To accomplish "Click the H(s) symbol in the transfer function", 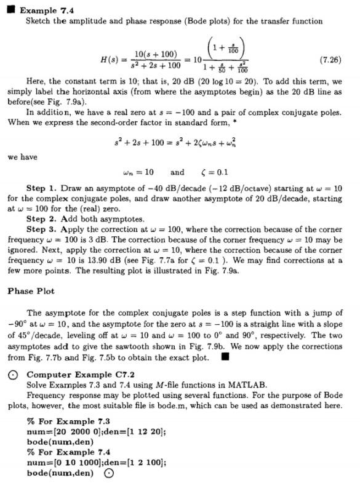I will click(x=111, y=60).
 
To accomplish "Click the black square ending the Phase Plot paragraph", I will click(x=225, y=355).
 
